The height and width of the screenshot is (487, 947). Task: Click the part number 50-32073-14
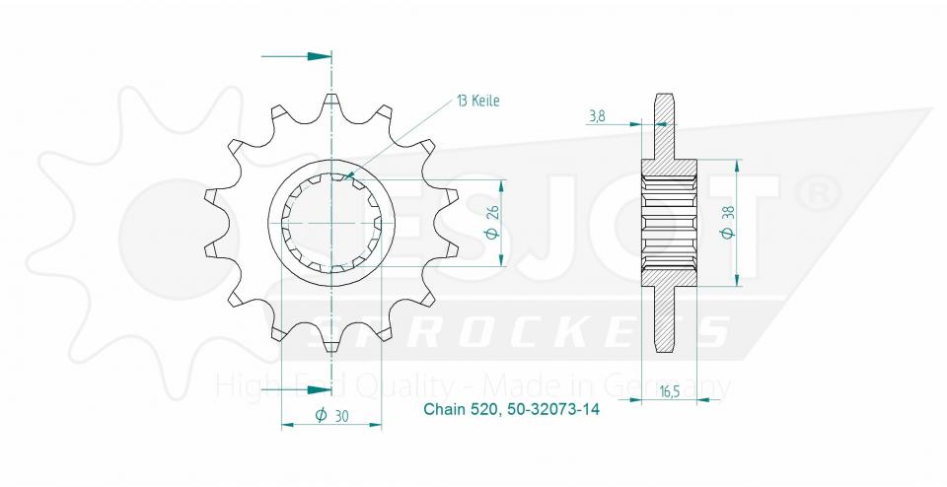[x=551, y=409]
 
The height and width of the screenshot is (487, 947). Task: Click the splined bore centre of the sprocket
[x=332, y=224]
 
